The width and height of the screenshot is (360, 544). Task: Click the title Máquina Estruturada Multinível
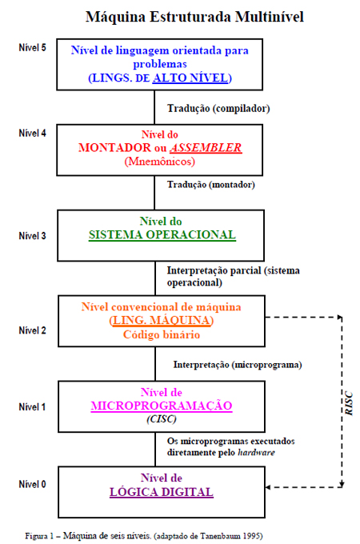pyautogui.click(x=194, y=17)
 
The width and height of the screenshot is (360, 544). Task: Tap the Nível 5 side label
pyautogui.click(x=32, y=47)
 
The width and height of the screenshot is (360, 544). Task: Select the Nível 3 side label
pyautogui.click(x=32, y=236)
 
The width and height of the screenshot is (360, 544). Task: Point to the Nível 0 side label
pyautogui.click(x=32, y=484)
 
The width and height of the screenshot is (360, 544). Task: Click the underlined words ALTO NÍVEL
pyautogui.click(x=190, y=78)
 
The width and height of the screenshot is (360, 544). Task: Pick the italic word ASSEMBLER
pyautogui.click(x=206, y=148)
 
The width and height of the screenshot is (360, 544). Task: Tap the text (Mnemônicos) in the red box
pyautogui.click(x=159, y=162)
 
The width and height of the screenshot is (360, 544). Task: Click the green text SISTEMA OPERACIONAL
pyautogui.click(x=162, y=235)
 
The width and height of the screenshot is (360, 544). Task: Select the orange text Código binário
pyautogui.click(x=162, y=334)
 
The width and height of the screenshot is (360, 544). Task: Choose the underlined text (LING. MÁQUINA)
pyautogui.click(x=162, y=320)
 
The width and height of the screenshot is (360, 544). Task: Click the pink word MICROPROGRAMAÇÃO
pyautogui.click(x=162, y=406)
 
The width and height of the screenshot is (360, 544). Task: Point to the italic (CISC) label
pyautogui.click(x=162, y=419)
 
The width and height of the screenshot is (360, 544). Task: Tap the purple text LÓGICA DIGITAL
pyautogui.click(x=162, y=492)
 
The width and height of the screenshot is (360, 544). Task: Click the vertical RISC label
pyautogui.click(x=349, y=403)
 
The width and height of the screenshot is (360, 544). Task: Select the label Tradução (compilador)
pyautogui.click(x=218, y=108)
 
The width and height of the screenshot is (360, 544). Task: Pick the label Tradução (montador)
pyautogui.click(x=211, y=184)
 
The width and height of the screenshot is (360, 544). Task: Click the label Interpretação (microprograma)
pyautogui.click(x=238, y=365)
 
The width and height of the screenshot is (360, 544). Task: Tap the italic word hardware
pyautogui.click(x=256, y=453)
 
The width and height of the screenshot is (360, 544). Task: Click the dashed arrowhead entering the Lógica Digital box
pyautogui.click(x=268, y=487)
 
